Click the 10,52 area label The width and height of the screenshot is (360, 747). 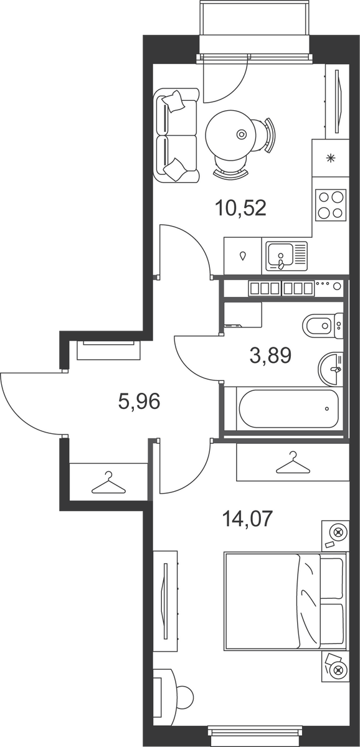click(240, 208)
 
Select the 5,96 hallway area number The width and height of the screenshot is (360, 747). click(139, 401)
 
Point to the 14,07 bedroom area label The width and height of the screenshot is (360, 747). click(247, 519)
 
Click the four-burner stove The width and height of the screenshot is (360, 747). click(331, 205)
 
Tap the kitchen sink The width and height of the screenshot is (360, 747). click(287, 256)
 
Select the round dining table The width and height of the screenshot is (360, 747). click(231, 134)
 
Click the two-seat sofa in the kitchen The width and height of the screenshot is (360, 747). click(176, 135)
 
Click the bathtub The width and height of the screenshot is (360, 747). click(289, 408)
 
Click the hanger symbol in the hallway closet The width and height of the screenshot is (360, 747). click(109, 483)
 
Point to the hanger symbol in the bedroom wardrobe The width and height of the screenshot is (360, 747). click(293, 463)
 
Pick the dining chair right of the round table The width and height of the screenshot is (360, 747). click(266, 134)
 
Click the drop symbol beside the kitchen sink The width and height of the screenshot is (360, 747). click(244, 256)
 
